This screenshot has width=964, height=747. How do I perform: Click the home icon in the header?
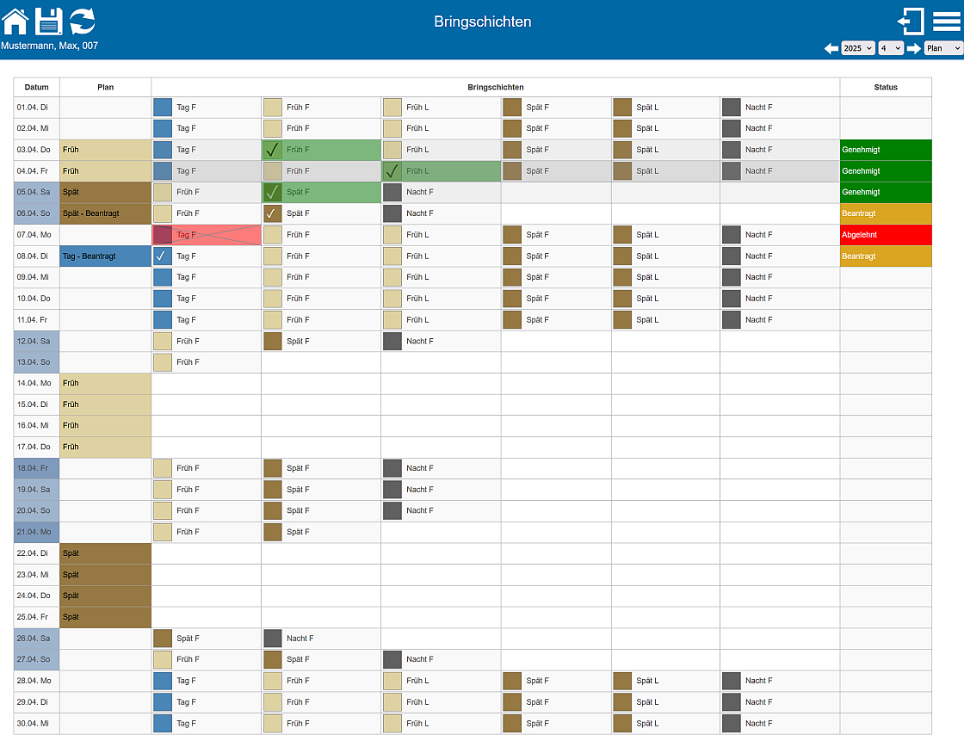(15, 21)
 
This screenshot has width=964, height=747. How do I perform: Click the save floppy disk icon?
(49, 21)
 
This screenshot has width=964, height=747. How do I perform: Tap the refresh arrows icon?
(83, 21)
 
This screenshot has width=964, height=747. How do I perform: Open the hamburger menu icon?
(947, 21)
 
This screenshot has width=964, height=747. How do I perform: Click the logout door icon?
(911, 21)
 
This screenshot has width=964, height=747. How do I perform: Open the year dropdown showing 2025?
(857, 48)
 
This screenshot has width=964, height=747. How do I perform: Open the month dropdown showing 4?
(891, 48)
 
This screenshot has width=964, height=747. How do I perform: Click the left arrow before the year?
(831, 48)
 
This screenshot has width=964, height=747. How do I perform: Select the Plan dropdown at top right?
(942, 48)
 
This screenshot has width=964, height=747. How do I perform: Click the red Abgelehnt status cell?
(885, 235)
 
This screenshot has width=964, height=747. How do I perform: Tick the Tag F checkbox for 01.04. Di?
(163, 108)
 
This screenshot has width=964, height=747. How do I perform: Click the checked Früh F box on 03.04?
(273, 150)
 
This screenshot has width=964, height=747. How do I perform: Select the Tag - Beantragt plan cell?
(105, 256)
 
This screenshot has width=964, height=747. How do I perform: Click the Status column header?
(885, 87)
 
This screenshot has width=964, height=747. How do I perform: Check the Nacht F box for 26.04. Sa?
(273, 639)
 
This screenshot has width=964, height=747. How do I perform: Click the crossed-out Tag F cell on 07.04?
(206, 235)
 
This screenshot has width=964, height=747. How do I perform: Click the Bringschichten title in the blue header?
(482, 22)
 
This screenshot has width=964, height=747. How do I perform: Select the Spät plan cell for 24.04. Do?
(105, 596)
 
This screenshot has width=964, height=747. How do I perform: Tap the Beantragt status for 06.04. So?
(885, 213)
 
